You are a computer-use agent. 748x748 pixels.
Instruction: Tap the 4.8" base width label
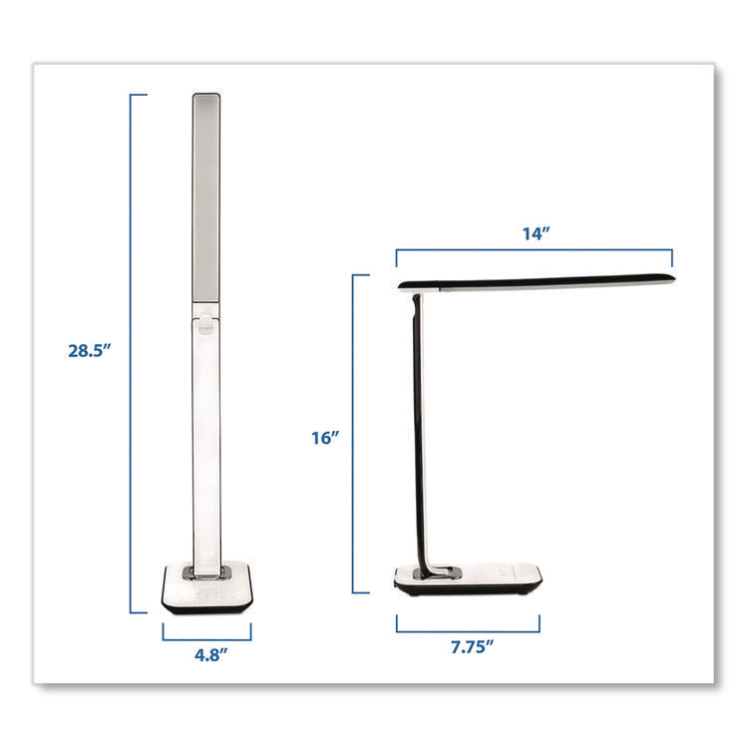[206, 656]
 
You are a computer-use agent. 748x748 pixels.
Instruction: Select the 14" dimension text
[536, 233]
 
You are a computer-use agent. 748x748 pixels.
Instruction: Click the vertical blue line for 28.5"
[132, 349]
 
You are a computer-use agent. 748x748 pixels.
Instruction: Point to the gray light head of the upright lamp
[206, 199]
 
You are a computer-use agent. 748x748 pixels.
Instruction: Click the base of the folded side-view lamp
[469, 579]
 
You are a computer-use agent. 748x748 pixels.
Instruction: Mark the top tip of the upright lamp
[206, 96]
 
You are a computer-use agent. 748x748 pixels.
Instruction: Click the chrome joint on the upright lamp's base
[207, 572]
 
